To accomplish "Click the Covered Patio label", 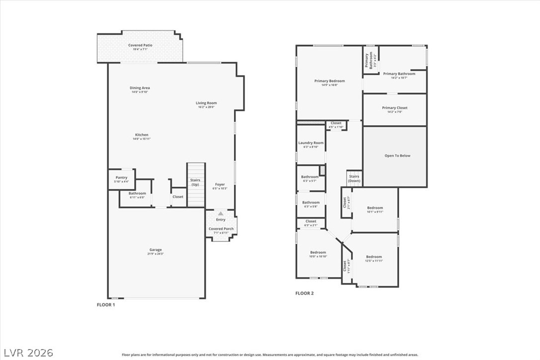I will point(140,45).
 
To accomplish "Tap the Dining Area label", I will point(140,88).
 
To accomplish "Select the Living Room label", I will point(206,103).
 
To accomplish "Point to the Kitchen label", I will point(141,135).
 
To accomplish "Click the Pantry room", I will point(122,179).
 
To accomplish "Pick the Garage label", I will point(156,250).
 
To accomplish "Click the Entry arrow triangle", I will point(221,213).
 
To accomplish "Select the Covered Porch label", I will point(221,229).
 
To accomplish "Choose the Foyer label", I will point(220,184).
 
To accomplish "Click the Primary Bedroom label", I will point(329,81).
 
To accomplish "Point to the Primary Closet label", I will point(395,108).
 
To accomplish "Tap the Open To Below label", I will point(397,156).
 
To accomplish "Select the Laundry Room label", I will point(311,143).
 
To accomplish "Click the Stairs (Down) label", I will point(354,179).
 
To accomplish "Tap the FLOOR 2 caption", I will point(304,293).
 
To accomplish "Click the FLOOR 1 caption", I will point(105,304).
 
